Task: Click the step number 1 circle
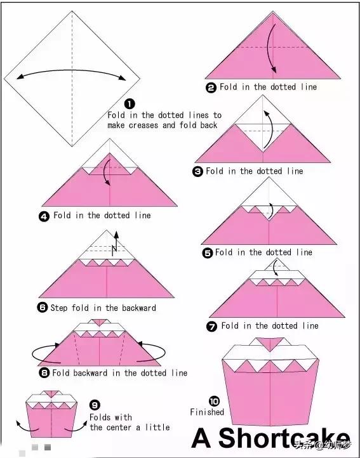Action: point(130,103)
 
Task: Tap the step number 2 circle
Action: point(211,88)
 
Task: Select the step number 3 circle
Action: point(197,171)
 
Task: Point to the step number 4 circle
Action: point(44,216)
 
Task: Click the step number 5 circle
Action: point(208,253)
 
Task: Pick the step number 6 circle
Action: point(42,308)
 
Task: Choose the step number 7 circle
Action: point(211,326)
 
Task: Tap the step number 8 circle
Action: point(44,373)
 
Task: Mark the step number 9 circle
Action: point(95,405)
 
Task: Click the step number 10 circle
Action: point(214,401)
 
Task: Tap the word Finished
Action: point(207,412)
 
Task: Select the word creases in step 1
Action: point(144,126)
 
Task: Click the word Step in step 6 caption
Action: point(60,308)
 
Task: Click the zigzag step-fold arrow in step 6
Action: point(115,247)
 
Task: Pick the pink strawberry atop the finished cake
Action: point(270,344)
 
